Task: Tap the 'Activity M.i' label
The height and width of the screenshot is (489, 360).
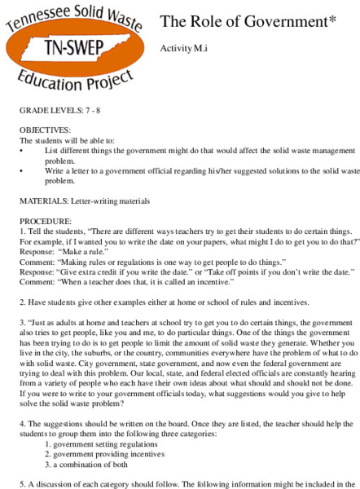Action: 182,49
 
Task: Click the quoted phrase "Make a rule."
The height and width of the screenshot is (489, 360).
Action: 84,253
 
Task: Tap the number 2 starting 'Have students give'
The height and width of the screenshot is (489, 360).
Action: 21,301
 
